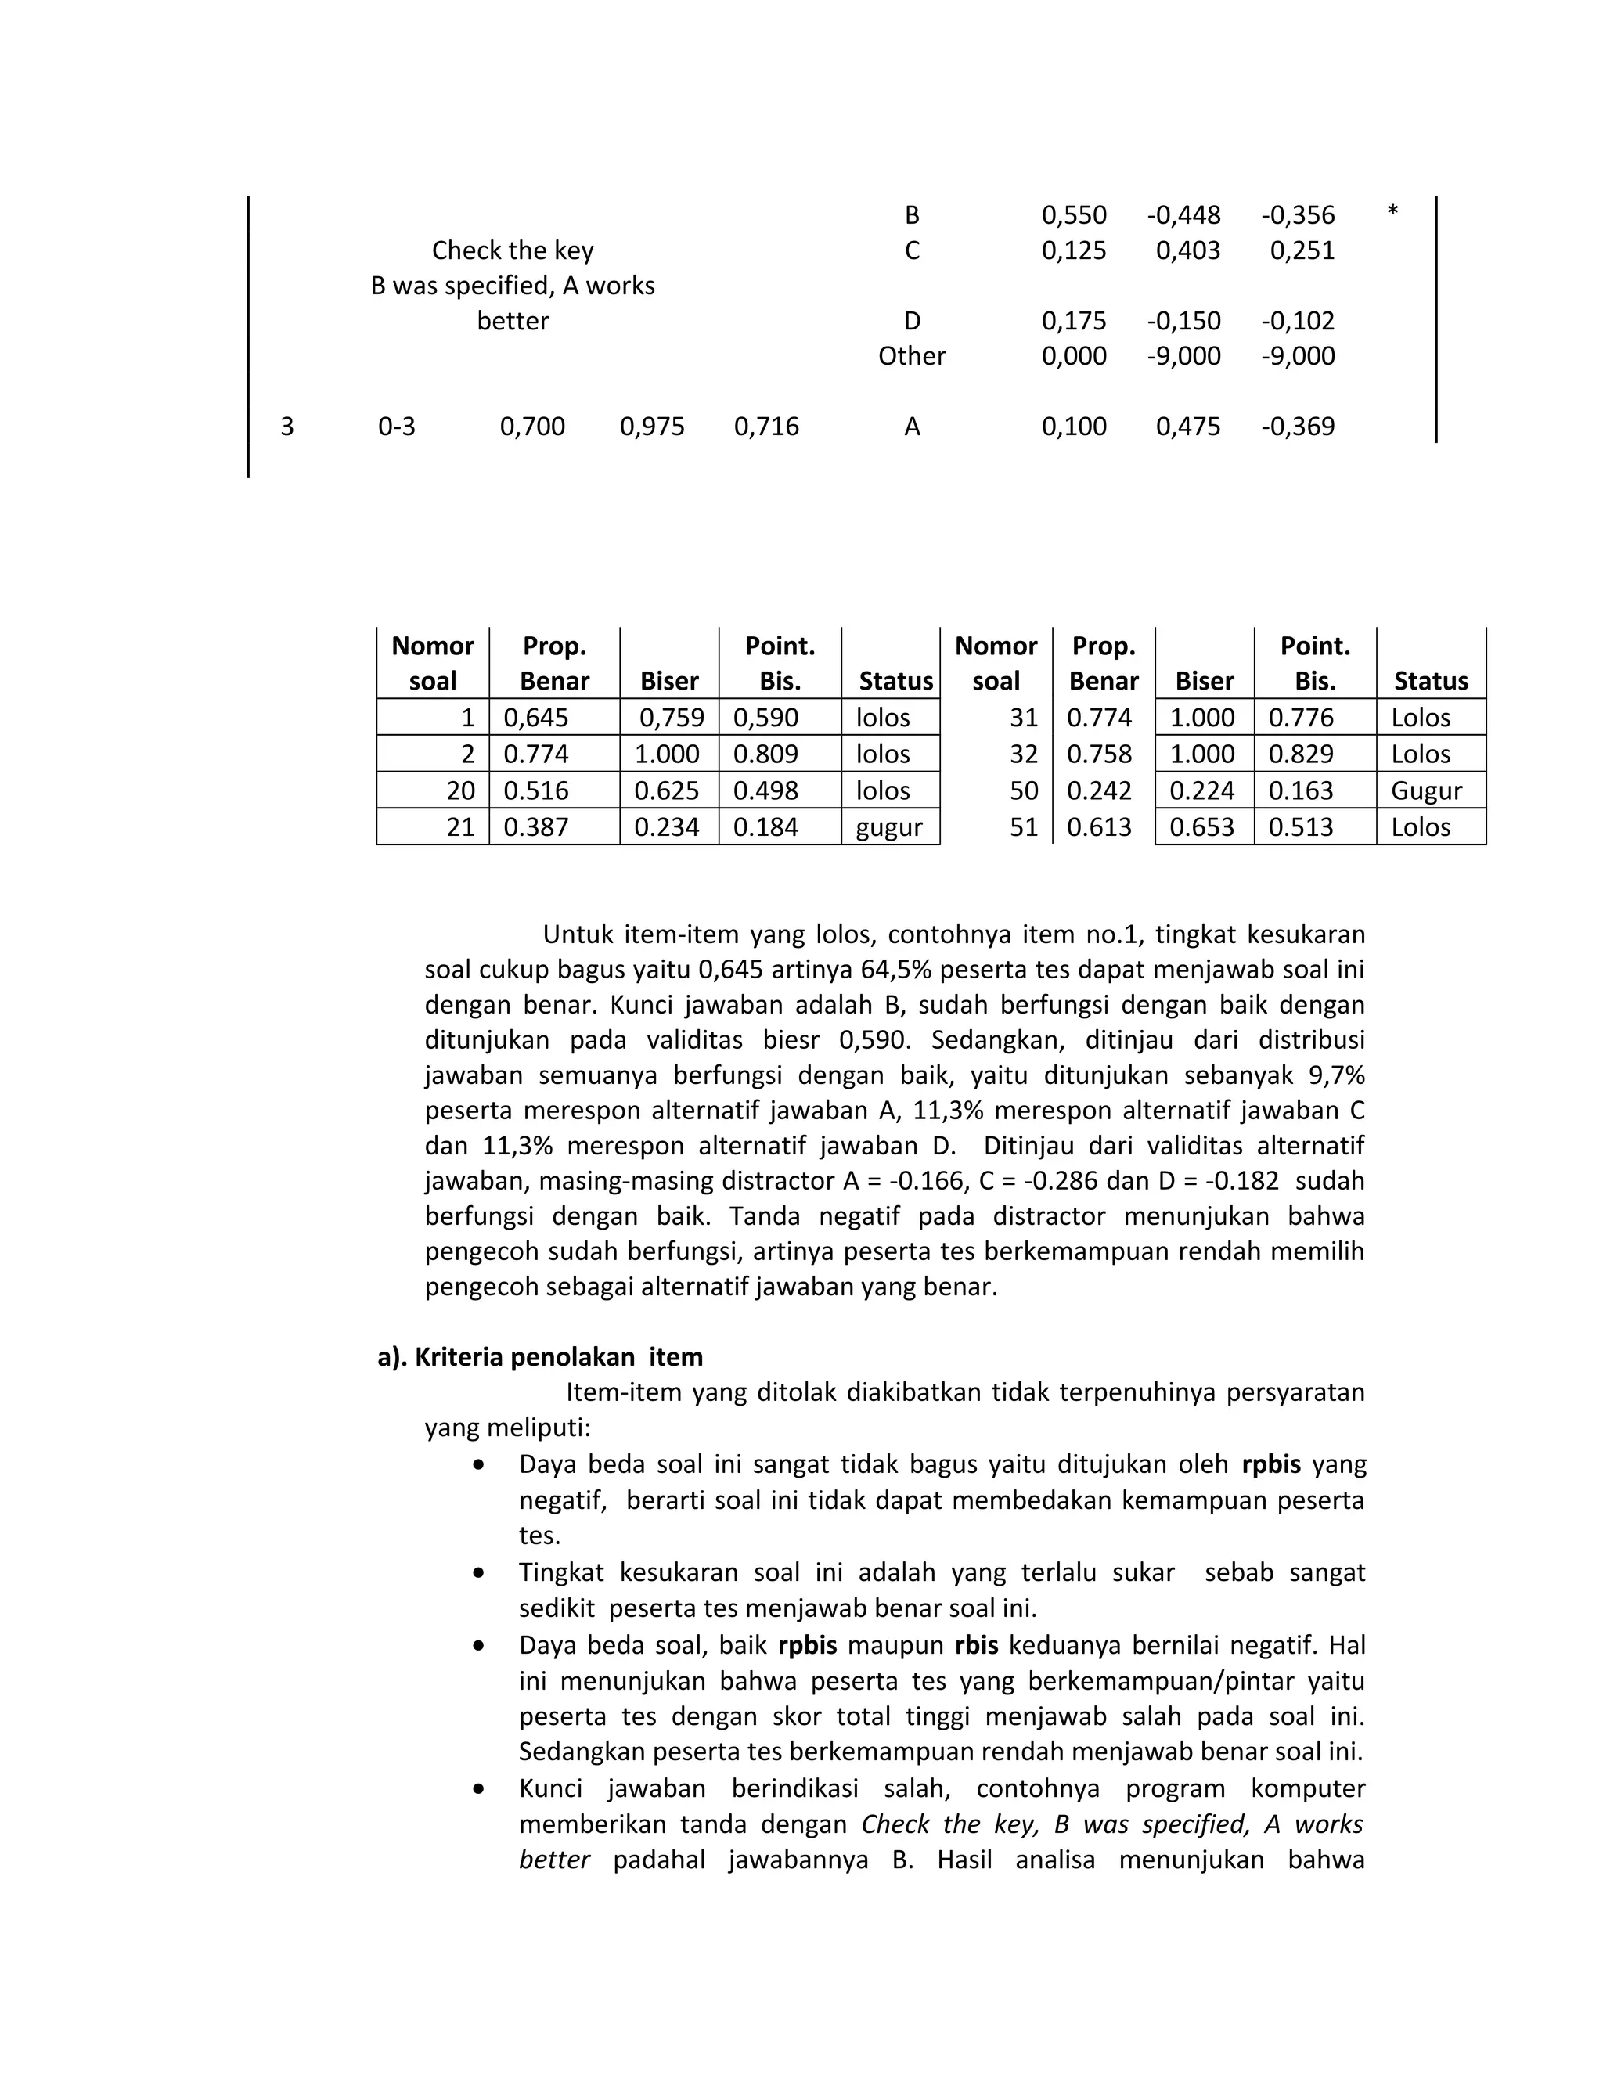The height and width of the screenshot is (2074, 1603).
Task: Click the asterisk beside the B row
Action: point(1392,210)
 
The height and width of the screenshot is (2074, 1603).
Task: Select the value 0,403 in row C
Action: point(1188,250)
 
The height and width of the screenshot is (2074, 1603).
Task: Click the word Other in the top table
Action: point(912,356)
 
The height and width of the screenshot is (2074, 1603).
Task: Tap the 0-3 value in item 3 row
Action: point(397,427)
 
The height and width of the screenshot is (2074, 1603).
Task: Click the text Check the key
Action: point(513,250)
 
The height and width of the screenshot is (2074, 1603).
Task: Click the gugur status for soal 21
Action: point(889,827)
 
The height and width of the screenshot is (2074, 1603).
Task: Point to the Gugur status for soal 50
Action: point(1426,791)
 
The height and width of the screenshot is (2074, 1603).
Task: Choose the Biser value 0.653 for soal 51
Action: point(1201,827)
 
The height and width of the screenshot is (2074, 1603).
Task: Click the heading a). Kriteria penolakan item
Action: point(539,1357)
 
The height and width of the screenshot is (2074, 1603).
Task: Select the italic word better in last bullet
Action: point(555,1860)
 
